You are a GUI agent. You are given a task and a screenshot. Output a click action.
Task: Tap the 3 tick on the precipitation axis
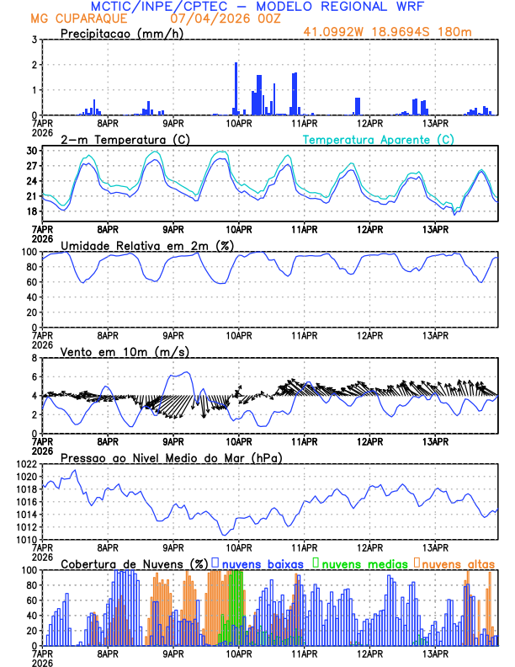pos(33,40)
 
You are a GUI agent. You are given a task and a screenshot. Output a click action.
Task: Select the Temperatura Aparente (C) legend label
pos(378,139)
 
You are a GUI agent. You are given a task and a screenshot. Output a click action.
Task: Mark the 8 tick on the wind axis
pos(33,358)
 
